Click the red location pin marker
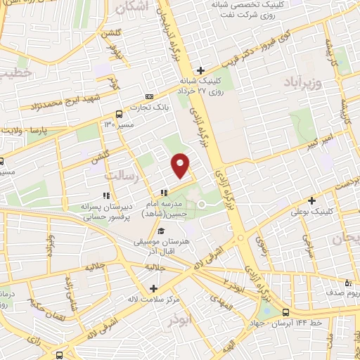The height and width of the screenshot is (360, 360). tap(181, 165)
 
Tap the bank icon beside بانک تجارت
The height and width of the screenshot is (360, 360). tap(148, 96)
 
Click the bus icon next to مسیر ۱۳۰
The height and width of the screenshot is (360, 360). tap(118, 113)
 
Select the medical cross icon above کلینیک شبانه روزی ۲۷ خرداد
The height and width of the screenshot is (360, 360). tap(200, 70)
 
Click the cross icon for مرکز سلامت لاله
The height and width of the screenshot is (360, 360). tap(154, 288)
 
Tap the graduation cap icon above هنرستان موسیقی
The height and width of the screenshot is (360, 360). tap(161, 231)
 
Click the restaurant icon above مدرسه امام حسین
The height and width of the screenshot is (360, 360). tap(163, 193)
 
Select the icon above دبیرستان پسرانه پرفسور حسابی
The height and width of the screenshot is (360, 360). tap(106, 195)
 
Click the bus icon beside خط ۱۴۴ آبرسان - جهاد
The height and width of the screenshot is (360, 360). tap(285, 313)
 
